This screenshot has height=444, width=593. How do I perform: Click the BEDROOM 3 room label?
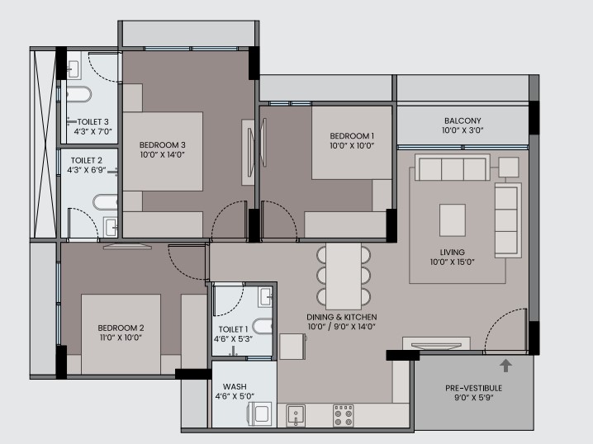(162, 144)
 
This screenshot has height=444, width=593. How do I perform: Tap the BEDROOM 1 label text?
(352, 135)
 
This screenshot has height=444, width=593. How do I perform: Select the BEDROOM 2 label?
(121, 328)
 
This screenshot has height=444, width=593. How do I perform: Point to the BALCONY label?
(463, 121)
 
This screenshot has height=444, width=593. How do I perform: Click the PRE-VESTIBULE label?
(473, 388)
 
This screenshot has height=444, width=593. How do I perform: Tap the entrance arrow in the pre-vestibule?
(505, 366)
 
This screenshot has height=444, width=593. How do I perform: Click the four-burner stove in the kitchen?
(344, 416)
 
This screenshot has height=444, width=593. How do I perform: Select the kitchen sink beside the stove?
(296, 416)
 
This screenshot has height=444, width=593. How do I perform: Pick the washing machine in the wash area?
(259, 413)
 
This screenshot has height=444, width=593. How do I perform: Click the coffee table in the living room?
(453, 220)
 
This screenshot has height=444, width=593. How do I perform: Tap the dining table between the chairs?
(344, 276)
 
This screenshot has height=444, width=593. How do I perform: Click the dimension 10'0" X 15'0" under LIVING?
(452, 262)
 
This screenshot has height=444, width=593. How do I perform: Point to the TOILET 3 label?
(93, 122)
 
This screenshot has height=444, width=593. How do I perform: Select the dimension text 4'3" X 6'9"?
(87, 170)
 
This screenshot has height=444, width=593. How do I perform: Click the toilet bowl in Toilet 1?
(262, 327)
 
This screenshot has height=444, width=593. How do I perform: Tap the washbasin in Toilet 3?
(74, 69)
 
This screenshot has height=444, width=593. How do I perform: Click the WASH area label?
(235, 386)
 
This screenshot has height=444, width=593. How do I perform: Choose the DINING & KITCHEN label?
(341, 317)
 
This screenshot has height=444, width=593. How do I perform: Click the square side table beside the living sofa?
(508, 167)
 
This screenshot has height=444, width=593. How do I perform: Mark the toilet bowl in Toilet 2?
(105, 202)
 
